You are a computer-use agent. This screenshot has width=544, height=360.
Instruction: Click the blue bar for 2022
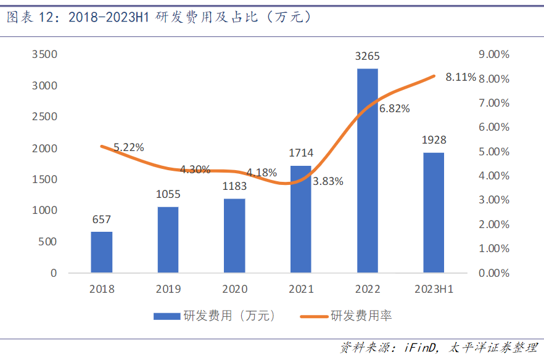click(x=368, y=170)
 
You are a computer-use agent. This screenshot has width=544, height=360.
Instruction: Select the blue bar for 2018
click(x=102, y=252)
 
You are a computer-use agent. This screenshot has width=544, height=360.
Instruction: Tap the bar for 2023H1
click(x=434, y=212)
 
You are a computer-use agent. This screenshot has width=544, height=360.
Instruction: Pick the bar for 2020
click(x=234, y=235)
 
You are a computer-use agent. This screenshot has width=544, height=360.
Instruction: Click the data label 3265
click(x=368, y=57)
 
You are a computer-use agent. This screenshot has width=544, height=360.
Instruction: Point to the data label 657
click(x=101, y=220)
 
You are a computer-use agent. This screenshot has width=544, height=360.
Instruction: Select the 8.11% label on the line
click(x=461, y=77)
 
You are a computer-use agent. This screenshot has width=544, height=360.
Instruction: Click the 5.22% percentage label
click(x=128, y=147)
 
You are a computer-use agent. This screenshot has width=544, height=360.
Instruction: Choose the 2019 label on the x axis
click(x=168, y=288)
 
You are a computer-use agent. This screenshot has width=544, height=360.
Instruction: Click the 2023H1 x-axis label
click(x=434, y=288)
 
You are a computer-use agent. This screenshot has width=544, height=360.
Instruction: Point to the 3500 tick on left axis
click(x=44, y=54)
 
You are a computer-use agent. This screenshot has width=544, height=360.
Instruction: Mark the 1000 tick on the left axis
click(x=44, y=210)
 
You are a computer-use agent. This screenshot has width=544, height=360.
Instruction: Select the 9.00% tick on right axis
click(x=493, y=54)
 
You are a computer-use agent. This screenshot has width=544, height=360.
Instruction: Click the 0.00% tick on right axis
click(x=493, y=273)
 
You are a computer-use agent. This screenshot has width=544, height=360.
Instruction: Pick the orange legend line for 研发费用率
click(x=314, y=316)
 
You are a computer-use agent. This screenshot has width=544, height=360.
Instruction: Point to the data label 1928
click(x=434, y=140)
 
